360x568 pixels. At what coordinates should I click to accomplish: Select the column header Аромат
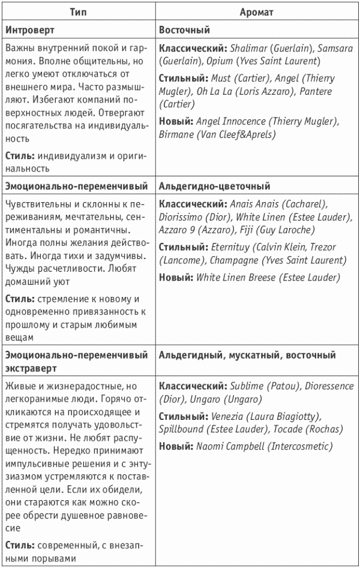(256, 11)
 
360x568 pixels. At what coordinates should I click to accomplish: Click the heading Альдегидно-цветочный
(214, 187)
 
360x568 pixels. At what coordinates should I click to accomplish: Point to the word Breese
(265, 278)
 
